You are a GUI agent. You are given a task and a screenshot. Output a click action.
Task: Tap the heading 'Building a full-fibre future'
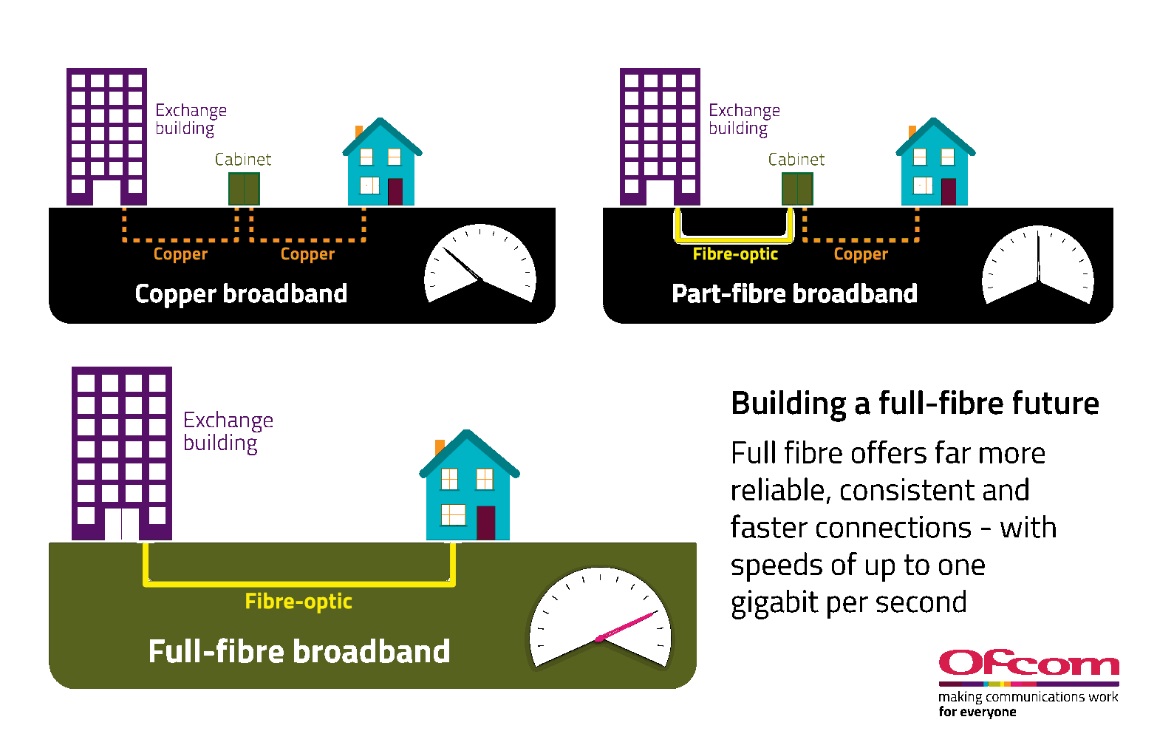(915, 404)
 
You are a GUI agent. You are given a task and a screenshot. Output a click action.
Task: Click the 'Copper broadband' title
(241, 293)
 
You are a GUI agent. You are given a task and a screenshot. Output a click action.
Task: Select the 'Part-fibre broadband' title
(794, 293)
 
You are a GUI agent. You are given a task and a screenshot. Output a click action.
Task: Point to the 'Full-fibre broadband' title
(299, 651)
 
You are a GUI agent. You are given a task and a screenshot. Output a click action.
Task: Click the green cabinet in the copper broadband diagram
(244, 188)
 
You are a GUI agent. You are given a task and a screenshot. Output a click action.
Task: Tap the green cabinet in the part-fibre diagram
(797, 188)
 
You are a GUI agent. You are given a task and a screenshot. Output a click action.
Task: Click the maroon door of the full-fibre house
(485, 523)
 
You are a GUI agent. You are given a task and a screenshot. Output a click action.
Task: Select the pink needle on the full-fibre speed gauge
(627, 625)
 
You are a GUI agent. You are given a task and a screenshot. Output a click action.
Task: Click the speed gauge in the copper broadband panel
(479, 264)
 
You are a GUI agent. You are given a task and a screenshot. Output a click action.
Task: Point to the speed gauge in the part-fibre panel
(1037, 265)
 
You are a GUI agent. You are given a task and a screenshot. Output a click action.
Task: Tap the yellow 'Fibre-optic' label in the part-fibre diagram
(735, 254)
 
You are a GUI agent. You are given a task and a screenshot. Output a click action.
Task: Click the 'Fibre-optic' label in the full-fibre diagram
(298, 602)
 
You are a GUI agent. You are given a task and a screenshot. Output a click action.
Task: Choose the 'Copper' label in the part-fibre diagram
(861, 254)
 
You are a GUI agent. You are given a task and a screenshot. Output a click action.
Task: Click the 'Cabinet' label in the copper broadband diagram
(243, 160)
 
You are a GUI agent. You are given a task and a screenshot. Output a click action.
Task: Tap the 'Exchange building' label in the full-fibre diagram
(228, 431)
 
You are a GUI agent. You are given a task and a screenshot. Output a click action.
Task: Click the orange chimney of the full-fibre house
(440, 447)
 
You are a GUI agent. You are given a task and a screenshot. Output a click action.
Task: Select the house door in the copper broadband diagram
(395, 191)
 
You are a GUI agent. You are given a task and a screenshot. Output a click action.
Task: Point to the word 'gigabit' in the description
(774, 602)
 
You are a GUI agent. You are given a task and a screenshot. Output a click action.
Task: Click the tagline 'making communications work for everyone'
(1028, 704)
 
